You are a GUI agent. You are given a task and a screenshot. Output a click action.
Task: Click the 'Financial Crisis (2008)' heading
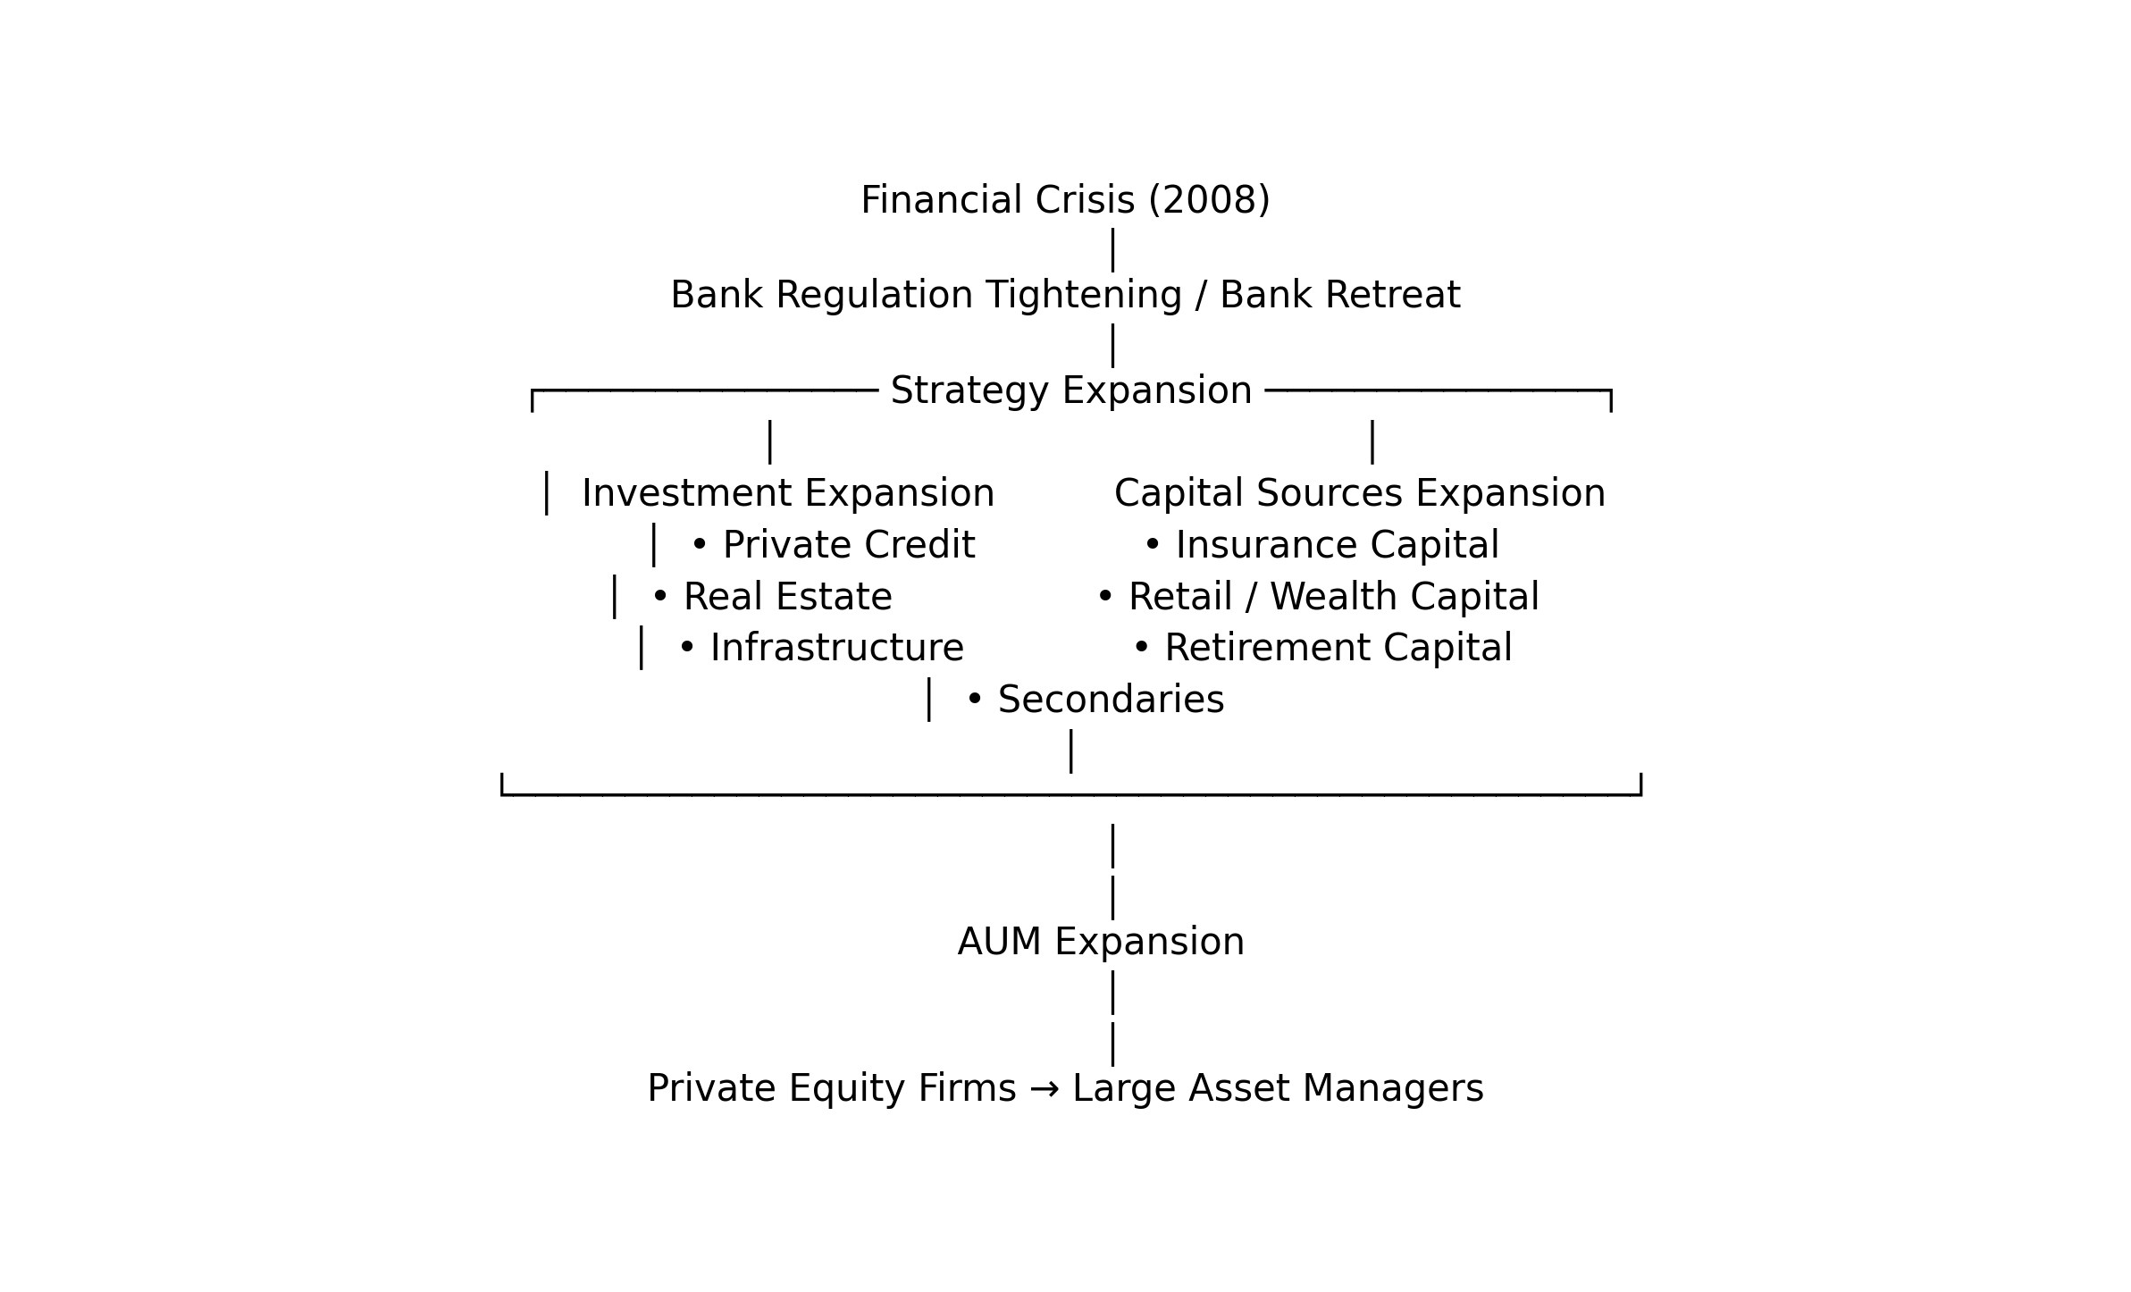click(x=1065, y=200)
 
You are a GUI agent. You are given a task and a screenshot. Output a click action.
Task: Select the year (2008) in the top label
click(x=1209, y=200)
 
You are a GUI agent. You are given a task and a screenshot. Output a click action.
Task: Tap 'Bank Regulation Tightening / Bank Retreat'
click(x=1065, y=296)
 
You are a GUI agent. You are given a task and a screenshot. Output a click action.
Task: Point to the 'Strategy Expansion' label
click(x=1071, y=391)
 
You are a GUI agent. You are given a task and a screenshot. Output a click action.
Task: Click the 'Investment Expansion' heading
click(x=788, y=493)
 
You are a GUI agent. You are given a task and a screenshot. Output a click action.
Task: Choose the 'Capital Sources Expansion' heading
click(x=1360, y=493)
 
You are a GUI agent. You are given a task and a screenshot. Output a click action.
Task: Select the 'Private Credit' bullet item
click(x=849, y=545)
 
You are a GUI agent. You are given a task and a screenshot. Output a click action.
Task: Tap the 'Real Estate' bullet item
click(x=788, y=597)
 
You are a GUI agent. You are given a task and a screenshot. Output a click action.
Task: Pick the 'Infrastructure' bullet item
click(x=837, y=648)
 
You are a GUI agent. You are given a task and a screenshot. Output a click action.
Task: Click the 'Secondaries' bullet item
click(x=1111, y=700)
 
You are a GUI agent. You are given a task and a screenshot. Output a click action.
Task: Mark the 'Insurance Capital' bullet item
click(x=1338, y=545)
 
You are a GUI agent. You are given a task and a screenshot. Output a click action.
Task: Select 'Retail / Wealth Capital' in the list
click(x=1334, y=597)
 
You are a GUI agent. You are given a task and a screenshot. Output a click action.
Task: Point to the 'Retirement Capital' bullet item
click(x=1338, y=648)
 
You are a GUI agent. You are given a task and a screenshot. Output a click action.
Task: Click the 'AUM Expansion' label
click(x=1101, y=942)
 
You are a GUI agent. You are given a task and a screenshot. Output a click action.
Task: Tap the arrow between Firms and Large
click(x=1045, y=1089)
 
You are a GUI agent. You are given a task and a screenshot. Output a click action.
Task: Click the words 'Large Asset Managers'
click(x=1278, y=1089)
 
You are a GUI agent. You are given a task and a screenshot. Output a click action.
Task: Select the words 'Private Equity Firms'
click(x=832, y=1089)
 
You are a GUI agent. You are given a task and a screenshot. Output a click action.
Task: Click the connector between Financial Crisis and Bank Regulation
click(x=1112, y=250)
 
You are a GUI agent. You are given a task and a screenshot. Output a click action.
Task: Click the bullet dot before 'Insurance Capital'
click(x=1153, y=544)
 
